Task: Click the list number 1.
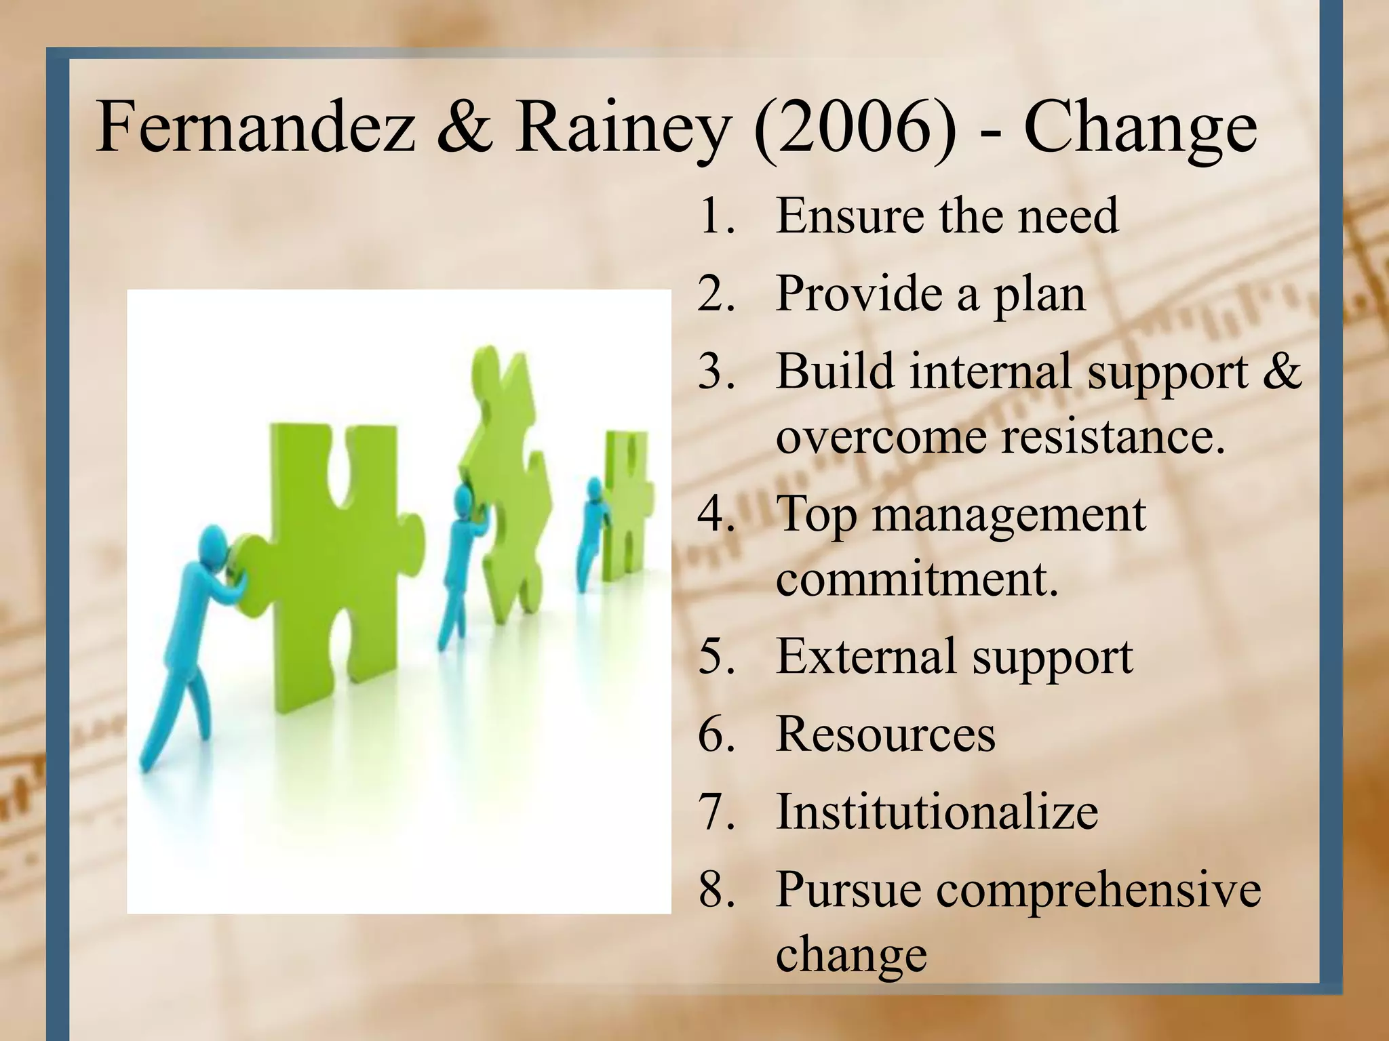click(x=715, y=216)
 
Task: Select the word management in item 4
click(x=1009, y=514)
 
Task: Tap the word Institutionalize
click(x=937, y=812)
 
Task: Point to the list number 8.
click(x=716, y=889)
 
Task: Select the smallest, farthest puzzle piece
click(x=627, y=508)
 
